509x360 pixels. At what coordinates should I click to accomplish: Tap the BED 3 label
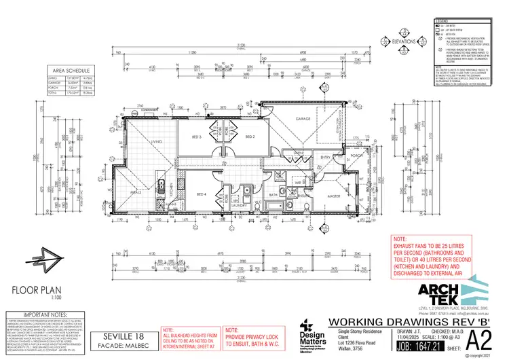197,137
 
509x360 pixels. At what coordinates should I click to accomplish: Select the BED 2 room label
249,137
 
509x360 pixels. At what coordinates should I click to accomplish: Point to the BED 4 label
201,195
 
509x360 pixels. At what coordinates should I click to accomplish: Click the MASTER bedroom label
333,197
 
